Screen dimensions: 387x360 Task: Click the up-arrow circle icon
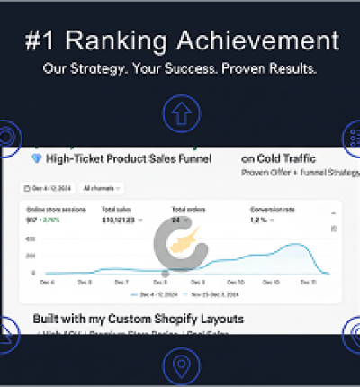coord(179,113)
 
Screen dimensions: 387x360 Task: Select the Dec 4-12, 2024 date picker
coord(48,189)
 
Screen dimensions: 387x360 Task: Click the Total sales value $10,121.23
coord(118,219)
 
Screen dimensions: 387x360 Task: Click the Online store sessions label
coord(52,210)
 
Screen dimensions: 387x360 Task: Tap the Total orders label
coord(188,210)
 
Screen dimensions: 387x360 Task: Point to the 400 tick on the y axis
coord(31,239)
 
